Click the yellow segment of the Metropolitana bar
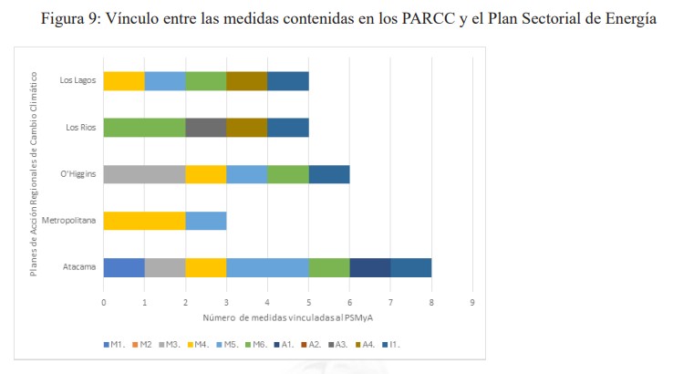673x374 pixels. coord(144,220)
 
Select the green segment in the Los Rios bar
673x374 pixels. coord(144,127)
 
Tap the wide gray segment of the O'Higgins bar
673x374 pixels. coord(144,173)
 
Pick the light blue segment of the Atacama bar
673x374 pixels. coord(267,266)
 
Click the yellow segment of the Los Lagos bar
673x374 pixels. coord(124,80)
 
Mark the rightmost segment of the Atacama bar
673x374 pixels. coord(410,266)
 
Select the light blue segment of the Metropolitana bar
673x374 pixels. coord(205,220)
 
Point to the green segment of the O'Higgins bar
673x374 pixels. coord(287,173)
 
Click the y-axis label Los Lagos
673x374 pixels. coord(78,80)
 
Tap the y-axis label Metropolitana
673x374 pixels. coord(69,220)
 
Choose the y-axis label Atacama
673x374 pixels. coord(80,266)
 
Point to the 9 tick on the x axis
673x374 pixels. coord(472,301)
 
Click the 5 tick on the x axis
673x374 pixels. coord(308,301)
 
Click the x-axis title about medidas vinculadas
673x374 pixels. coord(287,317)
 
